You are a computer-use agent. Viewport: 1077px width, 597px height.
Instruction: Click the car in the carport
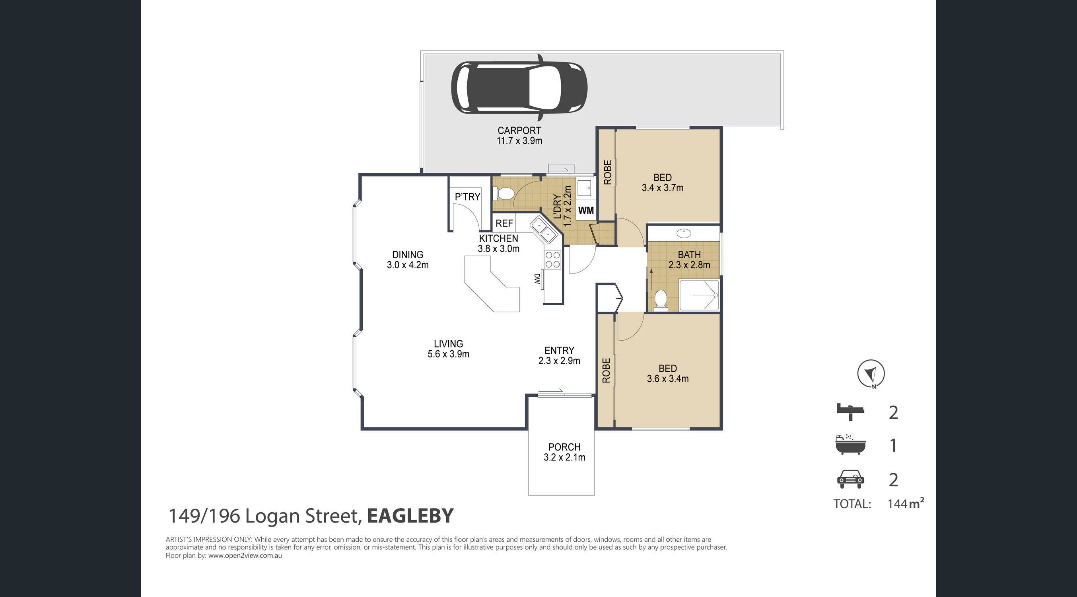coord(519,88)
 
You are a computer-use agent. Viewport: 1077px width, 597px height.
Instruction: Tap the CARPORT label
coord(519,131)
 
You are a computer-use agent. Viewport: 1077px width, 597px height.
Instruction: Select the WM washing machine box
coord(586,210)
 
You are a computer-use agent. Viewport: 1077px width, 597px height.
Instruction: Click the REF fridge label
coord(504,223)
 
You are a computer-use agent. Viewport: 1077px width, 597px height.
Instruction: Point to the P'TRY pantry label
coord(467,197)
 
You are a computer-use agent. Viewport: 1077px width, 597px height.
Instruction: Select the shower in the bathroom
coord(699,295)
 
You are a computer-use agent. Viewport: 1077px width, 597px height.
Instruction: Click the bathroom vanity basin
coord(684,232)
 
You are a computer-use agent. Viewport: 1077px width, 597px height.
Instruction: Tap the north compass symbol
coord(871,373)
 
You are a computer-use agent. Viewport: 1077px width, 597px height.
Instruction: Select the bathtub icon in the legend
coord(850,444)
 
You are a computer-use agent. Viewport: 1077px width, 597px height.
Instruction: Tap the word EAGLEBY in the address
coord(410,515)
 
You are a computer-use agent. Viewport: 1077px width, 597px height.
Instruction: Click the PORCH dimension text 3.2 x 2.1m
coord(564,457)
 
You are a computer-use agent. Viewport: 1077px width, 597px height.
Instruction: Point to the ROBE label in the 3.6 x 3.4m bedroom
coord(606,370)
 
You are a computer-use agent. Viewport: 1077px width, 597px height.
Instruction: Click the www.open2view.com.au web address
coord(245,556)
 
